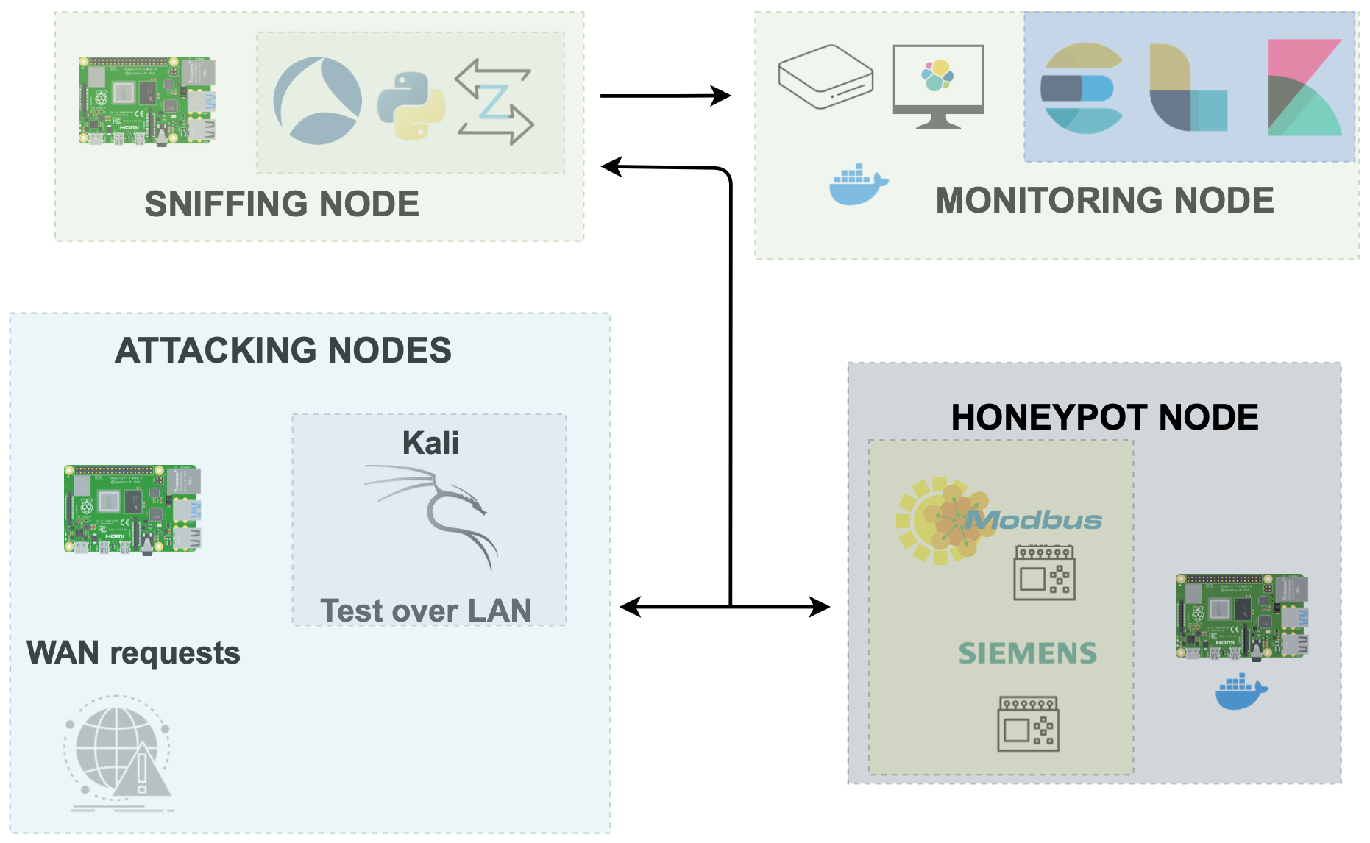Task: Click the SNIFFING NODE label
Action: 282,204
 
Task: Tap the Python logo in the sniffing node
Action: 411,106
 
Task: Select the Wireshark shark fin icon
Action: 318,101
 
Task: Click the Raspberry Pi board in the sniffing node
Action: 147,101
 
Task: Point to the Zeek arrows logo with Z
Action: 494,102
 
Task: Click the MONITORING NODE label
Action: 1104,200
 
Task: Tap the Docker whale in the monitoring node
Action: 858,185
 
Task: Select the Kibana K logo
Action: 1305,88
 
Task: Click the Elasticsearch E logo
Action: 1082,88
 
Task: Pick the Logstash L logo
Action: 1188,88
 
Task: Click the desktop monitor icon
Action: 938,86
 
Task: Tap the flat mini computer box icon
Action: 826,77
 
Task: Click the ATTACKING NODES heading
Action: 283,350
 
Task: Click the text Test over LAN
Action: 426,611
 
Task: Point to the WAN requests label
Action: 133,652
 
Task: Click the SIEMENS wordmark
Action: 1027,653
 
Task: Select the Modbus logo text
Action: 1034,521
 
